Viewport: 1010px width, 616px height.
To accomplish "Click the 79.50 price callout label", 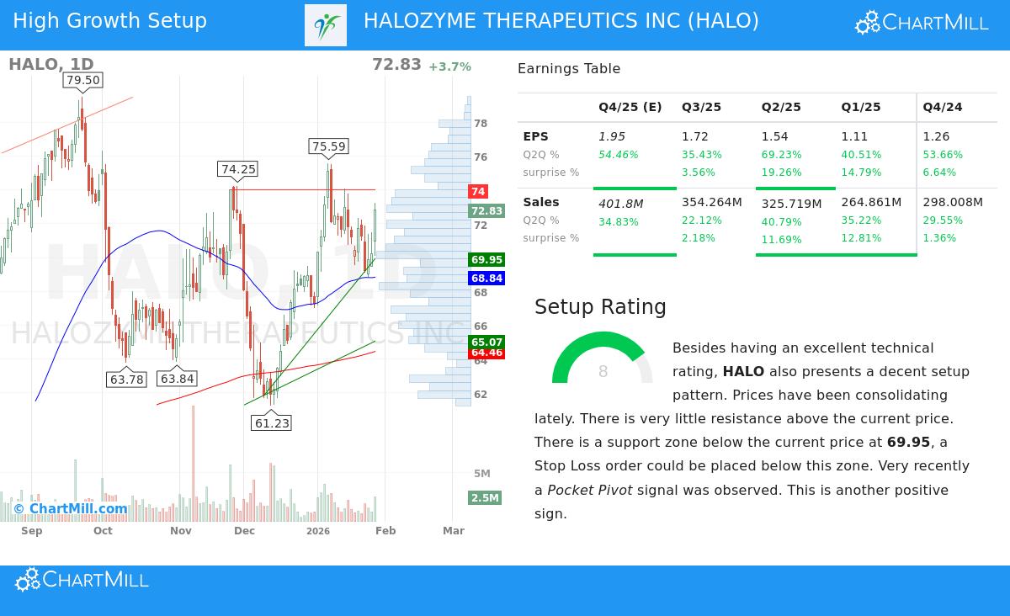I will coord(82,80).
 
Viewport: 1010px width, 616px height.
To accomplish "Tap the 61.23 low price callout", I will coord(272,423).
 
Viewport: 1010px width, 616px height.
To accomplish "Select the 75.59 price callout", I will coord(328,146).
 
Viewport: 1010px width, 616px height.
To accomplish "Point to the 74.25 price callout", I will coord(238,169).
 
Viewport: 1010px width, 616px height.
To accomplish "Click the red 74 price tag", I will coord(478,192).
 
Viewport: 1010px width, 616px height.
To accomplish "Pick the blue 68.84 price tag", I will coord(486,279).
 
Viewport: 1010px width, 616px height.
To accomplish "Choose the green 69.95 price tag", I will coord(486,260).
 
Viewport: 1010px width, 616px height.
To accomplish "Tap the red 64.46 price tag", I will coord(486,353).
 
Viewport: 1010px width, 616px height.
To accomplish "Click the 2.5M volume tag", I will coord(485,498).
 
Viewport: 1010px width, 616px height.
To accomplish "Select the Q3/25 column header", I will coord(701,107).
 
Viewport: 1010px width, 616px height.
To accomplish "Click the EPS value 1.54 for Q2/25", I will coord(774,136).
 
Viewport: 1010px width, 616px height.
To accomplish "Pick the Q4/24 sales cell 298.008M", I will coord(953,202).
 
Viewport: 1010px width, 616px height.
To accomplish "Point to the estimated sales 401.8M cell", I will coord(620,203).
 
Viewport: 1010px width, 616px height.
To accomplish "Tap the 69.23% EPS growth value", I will coord(781,155).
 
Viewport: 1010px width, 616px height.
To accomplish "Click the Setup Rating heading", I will coord(600,307).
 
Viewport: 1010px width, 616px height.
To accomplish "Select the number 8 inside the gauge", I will coord(603,372).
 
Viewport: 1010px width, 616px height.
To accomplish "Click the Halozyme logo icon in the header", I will coord(326,25).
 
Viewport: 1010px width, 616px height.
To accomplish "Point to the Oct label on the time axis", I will coord(103,531).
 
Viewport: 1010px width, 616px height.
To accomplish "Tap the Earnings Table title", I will coord(569,69).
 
